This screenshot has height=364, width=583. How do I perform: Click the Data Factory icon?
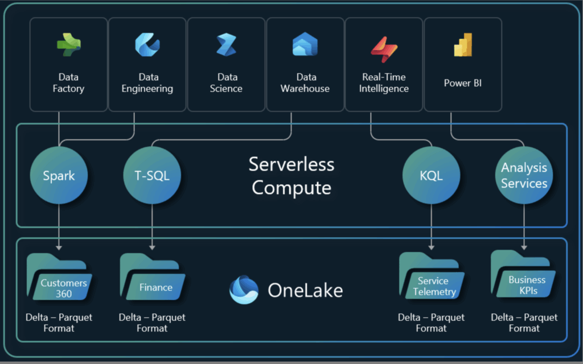tap(69, 45)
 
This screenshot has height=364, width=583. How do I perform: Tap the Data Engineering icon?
tap(147, 45)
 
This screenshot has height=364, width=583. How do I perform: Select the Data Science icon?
tap(226, 45)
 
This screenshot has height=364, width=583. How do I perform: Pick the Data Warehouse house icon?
tap(305, 45)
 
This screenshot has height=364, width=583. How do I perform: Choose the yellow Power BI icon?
tap(463, 45)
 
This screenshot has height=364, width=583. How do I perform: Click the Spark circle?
tap(59, 176)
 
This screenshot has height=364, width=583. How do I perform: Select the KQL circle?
tap(430, 176)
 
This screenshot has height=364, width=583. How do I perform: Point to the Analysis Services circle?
tap(524, 176)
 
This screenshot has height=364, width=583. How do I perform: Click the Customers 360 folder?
tap(59, 279)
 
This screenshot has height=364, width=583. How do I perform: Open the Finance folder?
tap(152, 279)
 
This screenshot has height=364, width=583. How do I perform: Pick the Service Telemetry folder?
tap(432, 279)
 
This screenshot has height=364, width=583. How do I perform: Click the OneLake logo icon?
tap(244, 290)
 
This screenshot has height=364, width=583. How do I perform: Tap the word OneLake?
tap(305, 291)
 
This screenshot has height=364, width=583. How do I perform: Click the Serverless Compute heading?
tap(291, 176)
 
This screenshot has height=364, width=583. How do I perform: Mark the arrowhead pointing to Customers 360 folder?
tap(59, 247)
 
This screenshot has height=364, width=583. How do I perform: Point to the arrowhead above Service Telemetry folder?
tap(431, 247)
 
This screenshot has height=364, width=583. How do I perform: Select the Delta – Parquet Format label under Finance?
tap(152, 322)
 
